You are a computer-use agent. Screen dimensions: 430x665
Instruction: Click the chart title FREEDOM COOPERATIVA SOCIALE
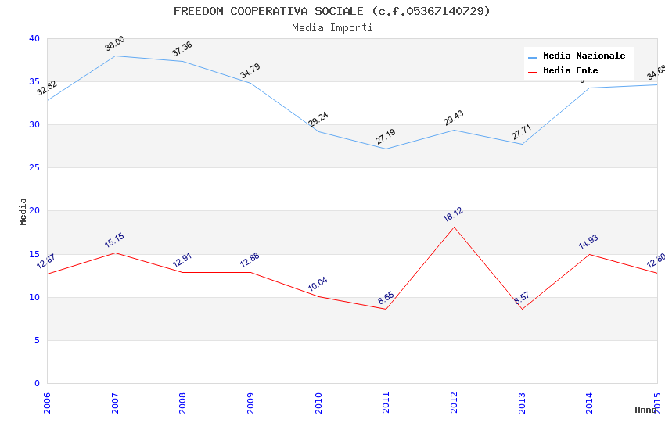click(x=332, y=11)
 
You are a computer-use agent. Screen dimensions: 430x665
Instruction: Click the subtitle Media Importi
click(x=332, y=27)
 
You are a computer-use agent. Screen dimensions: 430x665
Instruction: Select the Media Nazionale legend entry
click(x=584, y=56)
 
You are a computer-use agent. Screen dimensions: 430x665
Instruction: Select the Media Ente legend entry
click(x=570, y=70)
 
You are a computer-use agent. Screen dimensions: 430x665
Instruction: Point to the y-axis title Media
click(x=23, y=211)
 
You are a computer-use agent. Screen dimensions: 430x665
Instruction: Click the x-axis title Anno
click(x=645, y=409)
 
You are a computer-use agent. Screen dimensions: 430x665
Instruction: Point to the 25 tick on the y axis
click(x=34, y=168)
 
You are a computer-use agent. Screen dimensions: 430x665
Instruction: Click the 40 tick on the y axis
click(x=34, y=39)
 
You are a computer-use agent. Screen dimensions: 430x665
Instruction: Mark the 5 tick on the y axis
click(x=37, y=340)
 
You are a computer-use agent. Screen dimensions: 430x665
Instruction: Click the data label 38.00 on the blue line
click(x=115, y=44)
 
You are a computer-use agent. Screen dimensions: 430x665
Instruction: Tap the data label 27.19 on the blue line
click(x=386, y=137)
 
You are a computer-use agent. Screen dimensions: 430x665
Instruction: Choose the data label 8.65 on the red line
click(x=386, y=298)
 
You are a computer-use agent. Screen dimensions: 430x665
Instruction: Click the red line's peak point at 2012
click(x=454, y=227)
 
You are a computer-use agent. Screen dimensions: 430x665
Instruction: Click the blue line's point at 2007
click(x=115, y=56)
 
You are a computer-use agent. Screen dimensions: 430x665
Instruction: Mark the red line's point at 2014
click(x=589, y=254)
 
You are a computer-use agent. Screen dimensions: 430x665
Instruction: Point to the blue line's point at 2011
click(x=386, y=149)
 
